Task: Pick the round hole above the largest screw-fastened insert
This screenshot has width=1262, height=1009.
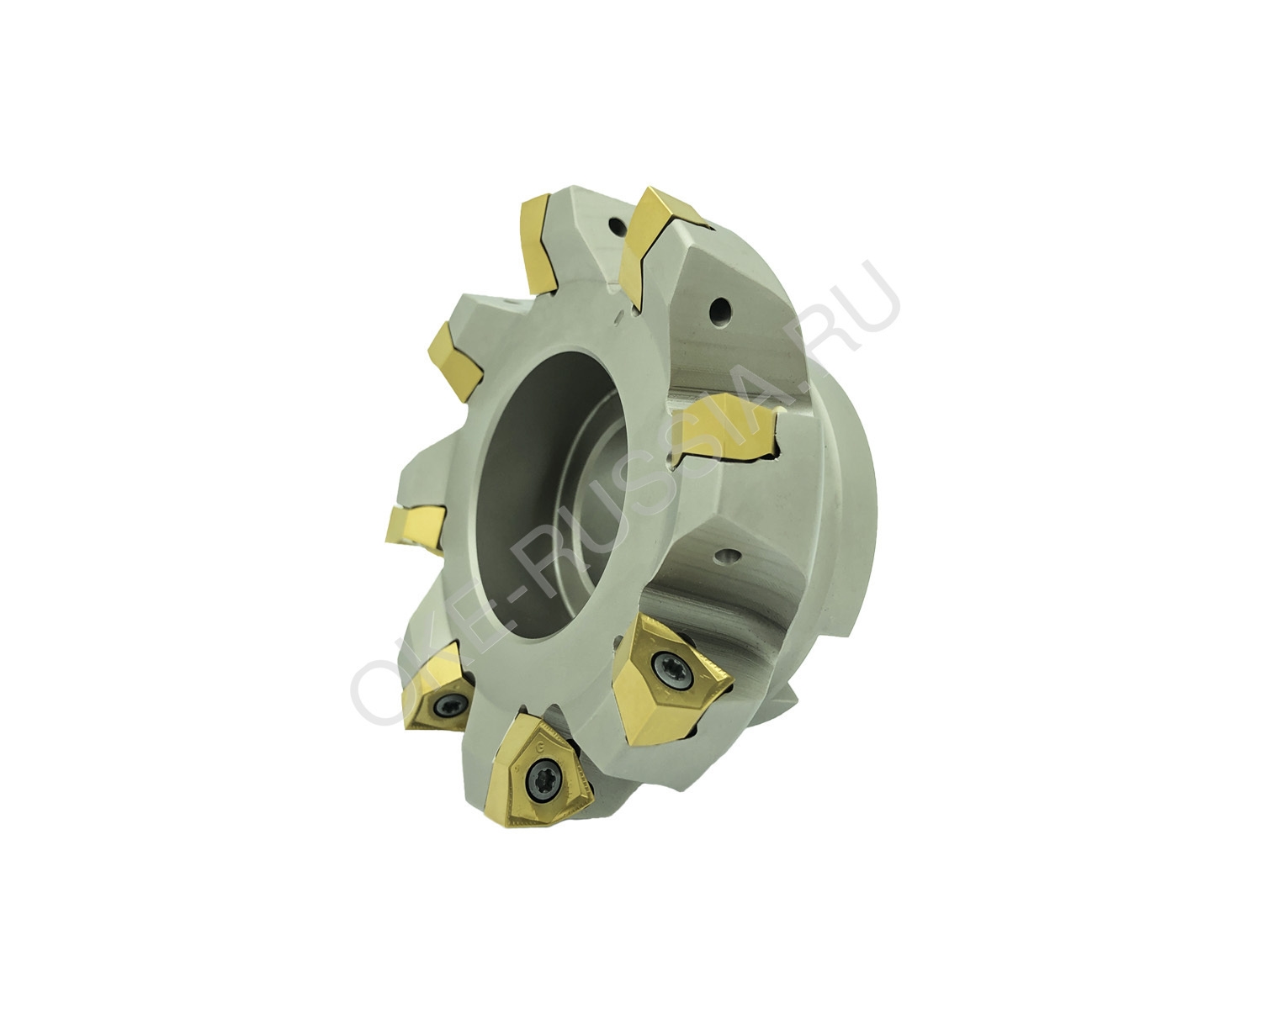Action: (x=728, y=554)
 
